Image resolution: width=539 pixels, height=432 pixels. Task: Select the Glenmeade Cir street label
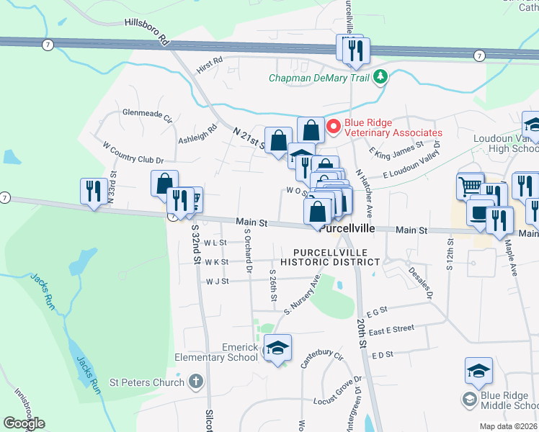147,114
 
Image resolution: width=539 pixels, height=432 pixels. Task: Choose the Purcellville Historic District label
330,257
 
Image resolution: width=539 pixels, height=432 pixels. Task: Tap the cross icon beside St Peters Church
195,382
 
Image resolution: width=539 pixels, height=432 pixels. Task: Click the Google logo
24,423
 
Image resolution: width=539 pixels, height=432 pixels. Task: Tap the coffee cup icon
481,213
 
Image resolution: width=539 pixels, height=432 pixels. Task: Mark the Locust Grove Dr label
337,392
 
